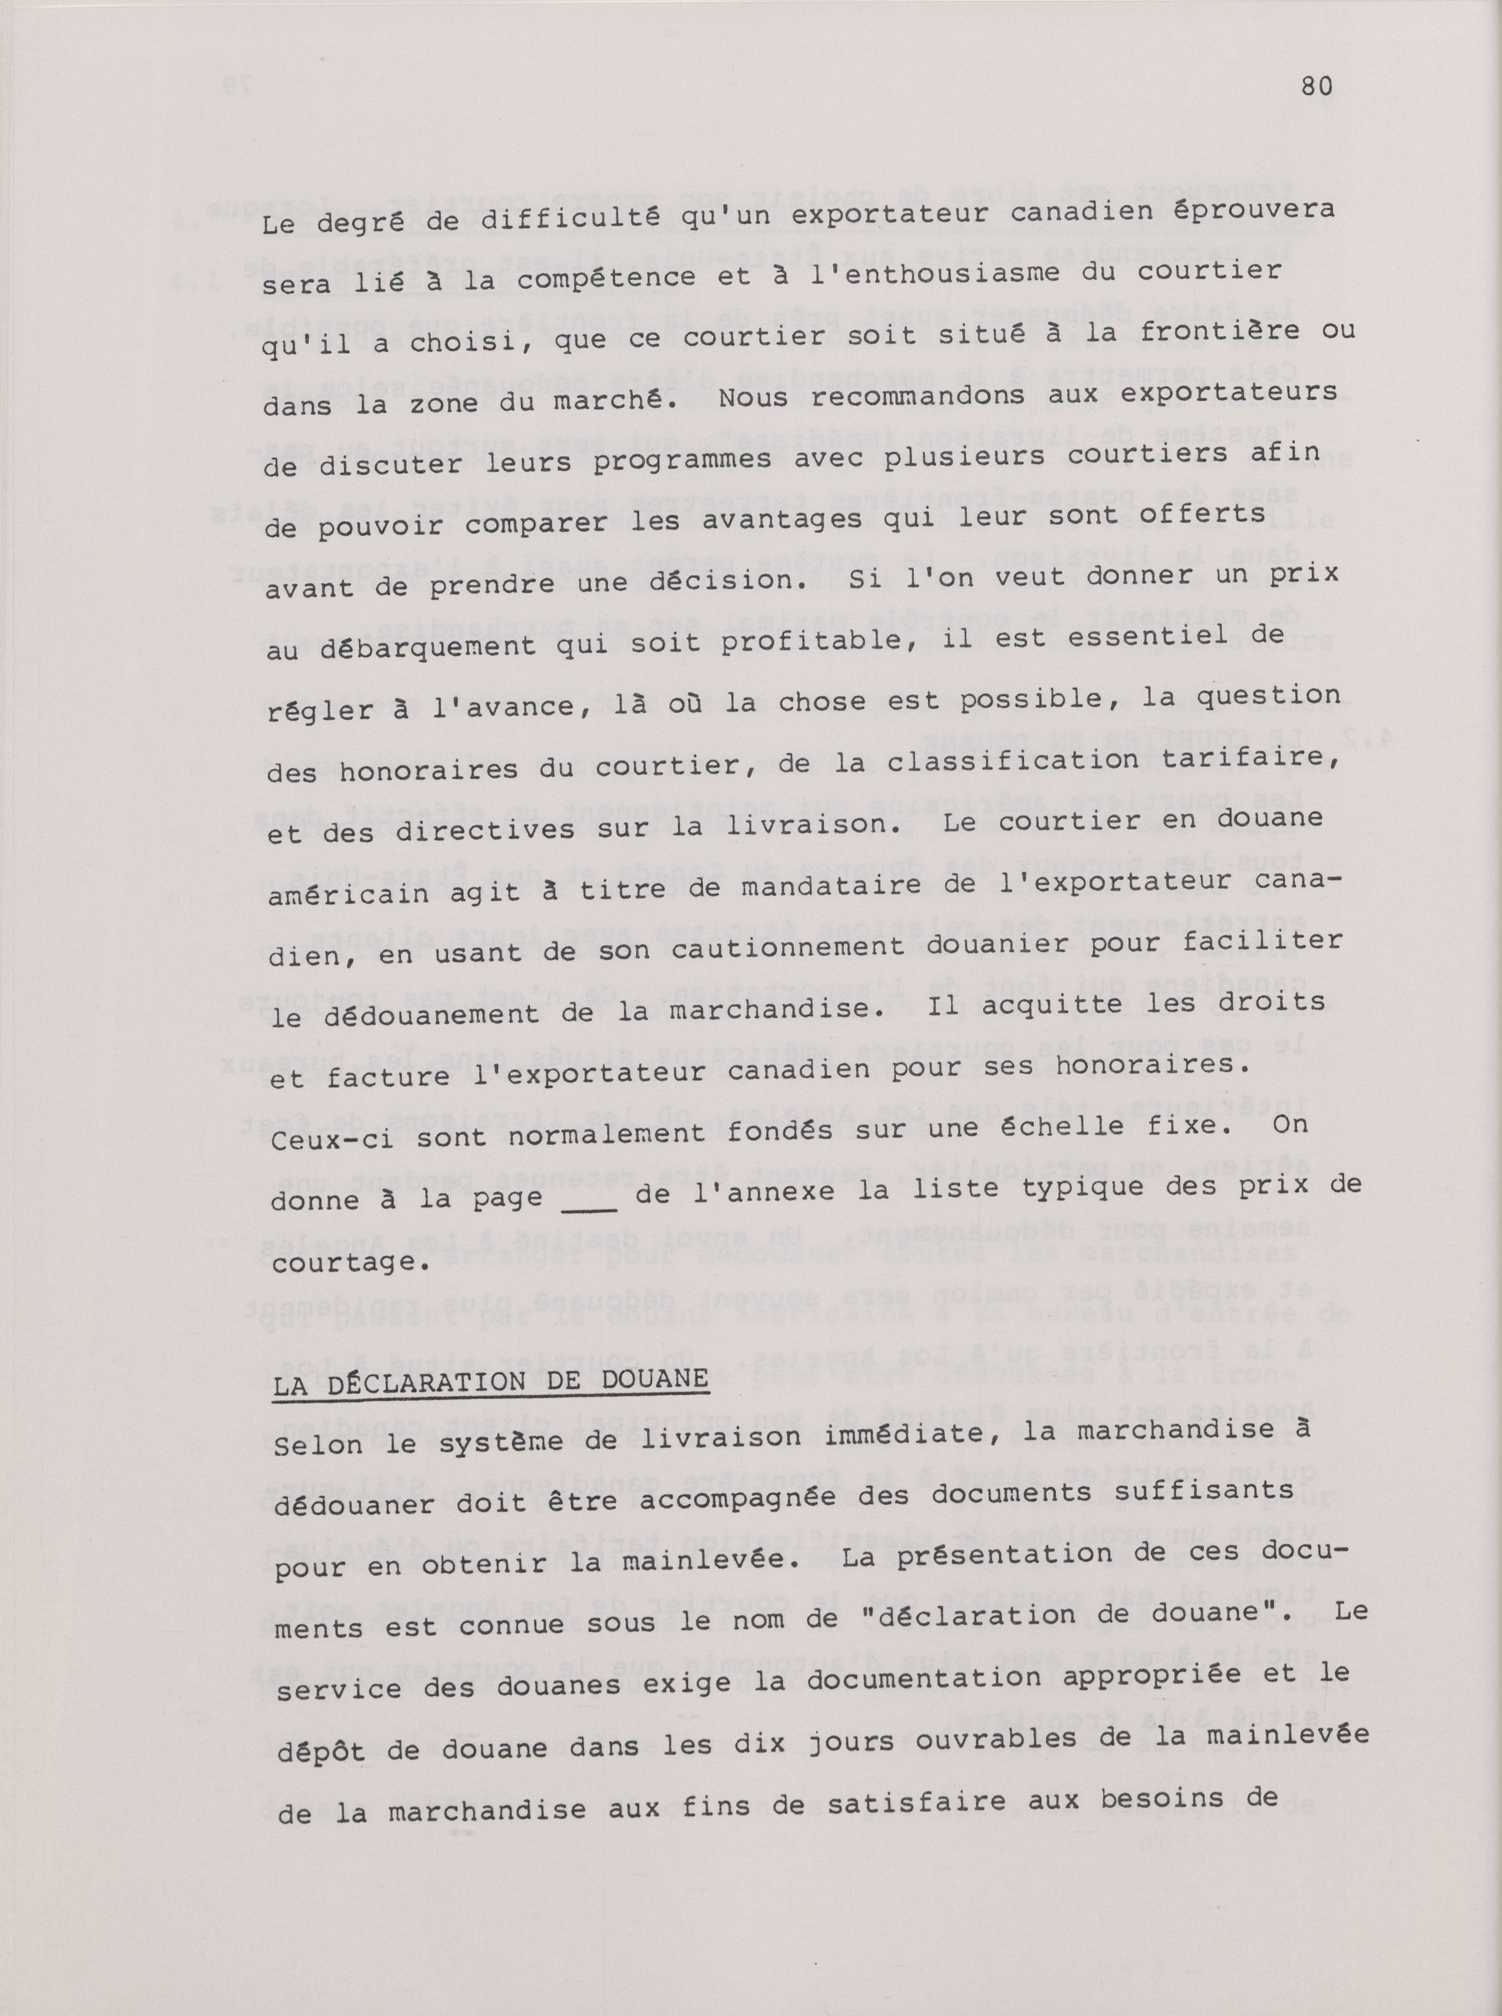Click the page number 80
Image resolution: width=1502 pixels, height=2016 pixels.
tap(1316, 86)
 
